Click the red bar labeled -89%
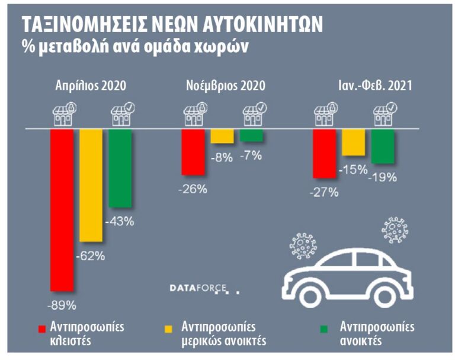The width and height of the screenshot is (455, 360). pos(62,210)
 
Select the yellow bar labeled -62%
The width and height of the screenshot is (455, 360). pos(91,185)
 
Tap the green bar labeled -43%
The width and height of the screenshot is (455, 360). pos(120,168)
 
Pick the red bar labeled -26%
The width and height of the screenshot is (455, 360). pos(192,152)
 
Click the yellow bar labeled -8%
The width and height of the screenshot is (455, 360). pos(222,136)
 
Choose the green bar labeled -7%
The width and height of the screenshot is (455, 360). pos(251,135)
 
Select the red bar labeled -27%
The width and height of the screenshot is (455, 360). pos(324,153)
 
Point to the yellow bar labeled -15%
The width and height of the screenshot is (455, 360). pos(353,142)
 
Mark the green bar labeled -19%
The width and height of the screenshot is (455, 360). pos(382,146)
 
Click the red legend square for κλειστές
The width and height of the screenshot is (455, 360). pos(42,328)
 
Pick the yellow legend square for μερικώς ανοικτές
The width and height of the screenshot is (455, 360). pos(168,328)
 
